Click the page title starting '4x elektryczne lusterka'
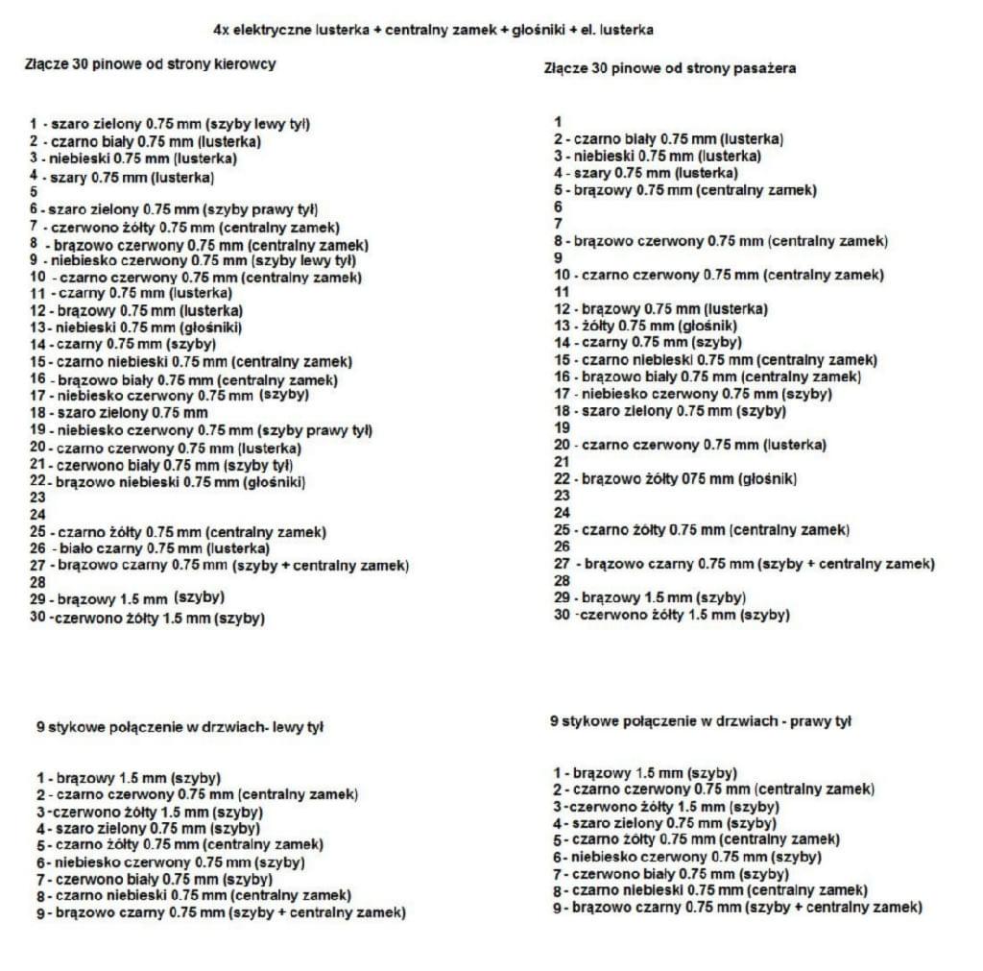pyautogui.click(x=433, y=30)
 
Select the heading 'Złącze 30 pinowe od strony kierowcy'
pyautogui.click(x=150, y=64)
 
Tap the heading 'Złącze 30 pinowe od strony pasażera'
pyautogui.click(x=669, y=68)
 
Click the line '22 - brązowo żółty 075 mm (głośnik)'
pyautogui.click(x=675, y=478)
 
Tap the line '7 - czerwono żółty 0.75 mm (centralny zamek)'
pyautogui.click(x=184, y=228)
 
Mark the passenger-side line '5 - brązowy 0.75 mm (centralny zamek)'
pyautogui.click(x=684, y=190)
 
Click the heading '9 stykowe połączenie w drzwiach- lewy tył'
pyautogui.click(x=179, y=727)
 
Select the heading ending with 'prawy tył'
pyautogui.click(x=700, y=720)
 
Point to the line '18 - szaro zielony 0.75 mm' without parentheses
pyautogui.click(x=118, y=412)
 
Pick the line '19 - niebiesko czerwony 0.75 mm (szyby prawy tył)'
pyautogui.click(x=201, y=429)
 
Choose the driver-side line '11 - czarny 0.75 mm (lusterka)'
pyautogui.click(x=131, y=292)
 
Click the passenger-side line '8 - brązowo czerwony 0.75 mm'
pyautogui.click(x=720, y=241)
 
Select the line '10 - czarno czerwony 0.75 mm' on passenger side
pyautogui.click(x=718, y=275)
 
